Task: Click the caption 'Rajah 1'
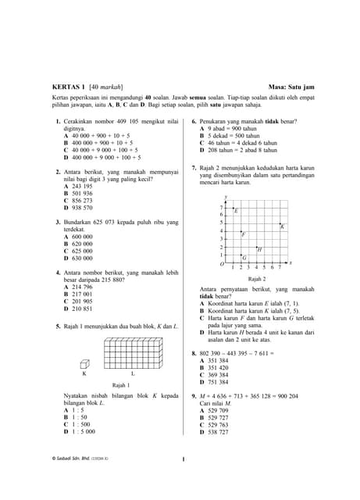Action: [x=121, y=385]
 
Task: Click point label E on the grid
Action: [x=237, y=211]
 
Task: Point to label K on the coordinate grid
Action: [x=281, y=227]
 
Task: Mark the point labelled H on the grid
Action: [x=259, y=249]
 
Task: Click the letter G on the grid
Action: [x=244, y=258]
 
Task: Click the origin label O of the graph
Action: [x=221, y=265]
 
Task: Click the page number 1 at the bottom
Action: [x=181, y=459]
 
